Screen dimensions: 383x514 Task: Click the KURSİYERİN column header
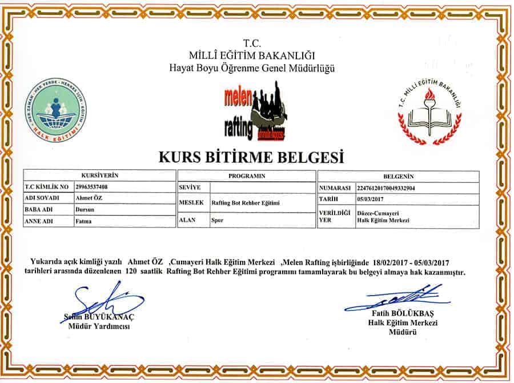click(x=100, y=176)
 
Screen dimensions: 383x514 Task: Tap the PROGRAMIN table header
click(x=247, y=176)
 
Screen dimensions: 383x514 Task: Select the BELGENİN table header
click(x=398, y=177)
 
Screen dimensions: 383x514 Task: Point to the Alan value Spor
click(x=218, y=220)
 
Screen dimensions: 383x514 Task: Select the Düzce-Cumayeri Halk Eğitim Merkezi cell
click(x=382, y=216)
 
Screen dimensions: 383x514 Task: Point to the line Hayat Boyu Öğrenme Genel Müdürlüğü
click(x=252, y=69)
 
